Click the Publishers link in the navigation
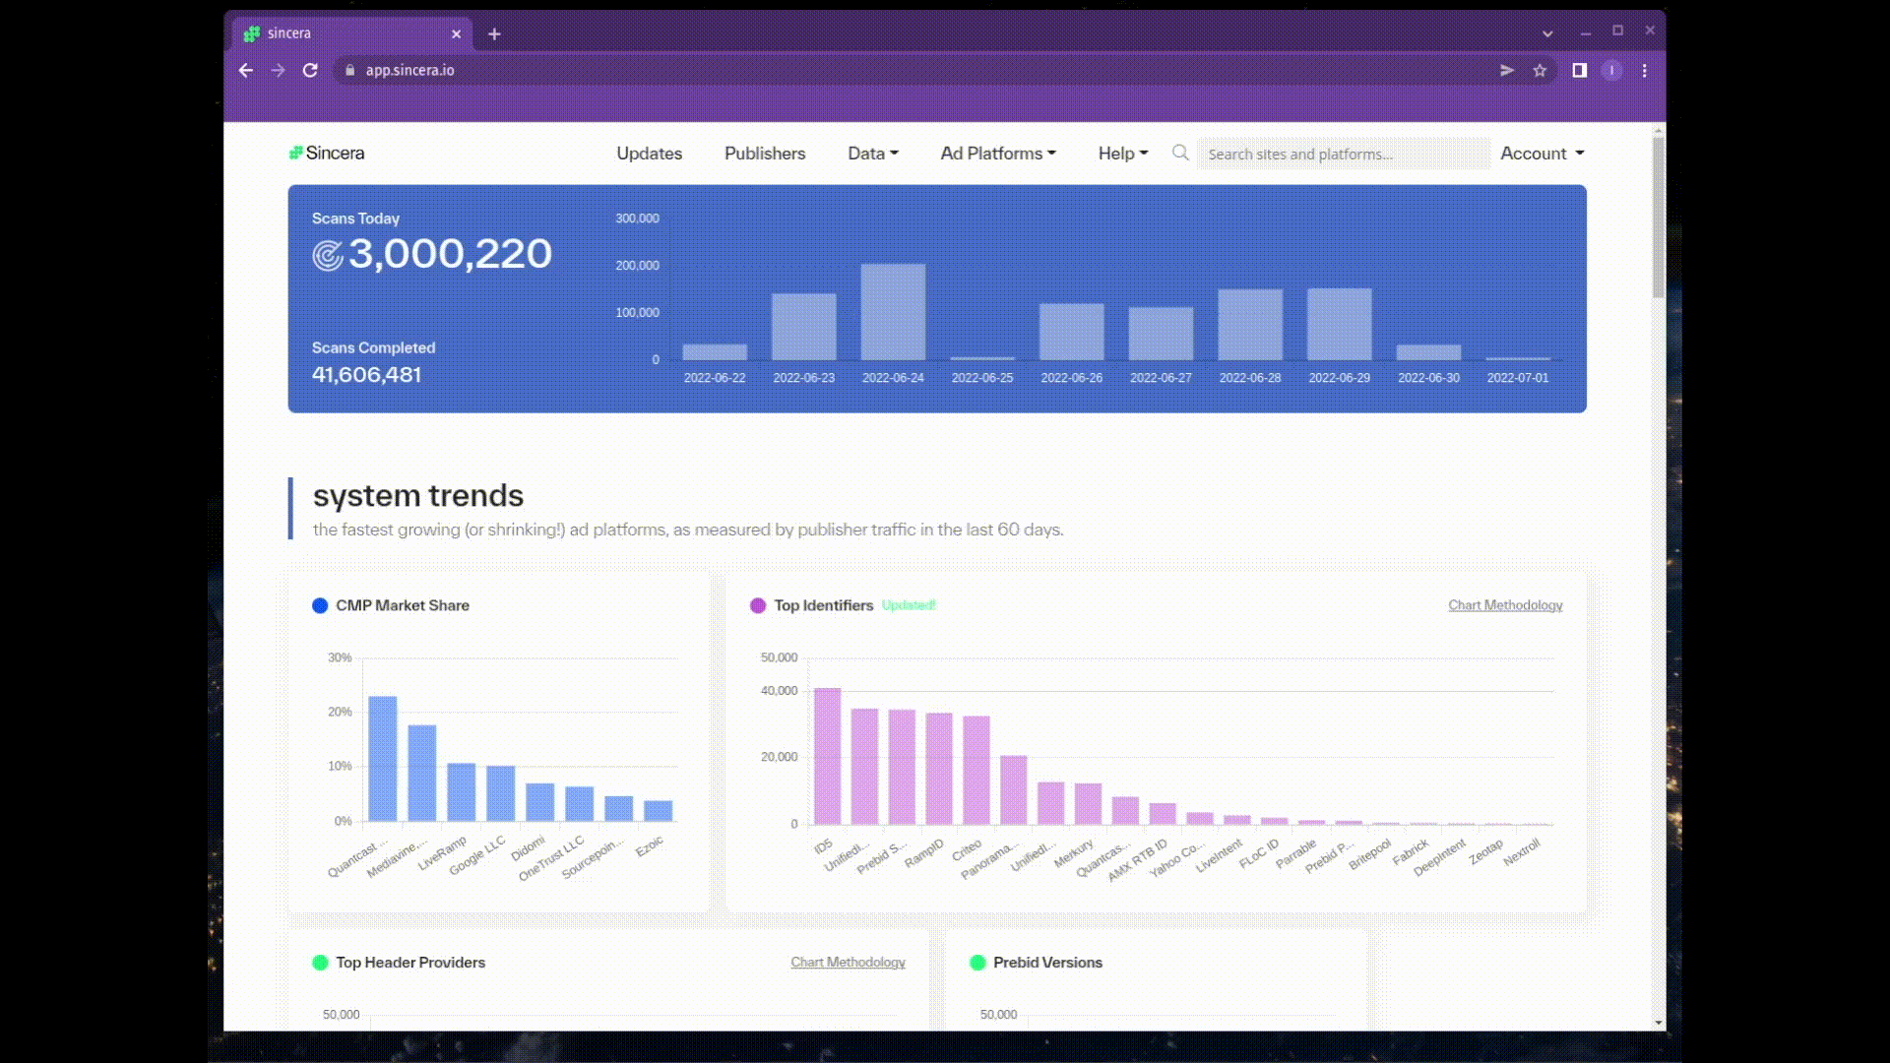pos(765,154)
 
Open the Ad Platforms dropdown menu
pos(997,154)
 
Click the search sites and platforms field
pos(1343,155)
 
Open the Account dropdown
pos(1542,154)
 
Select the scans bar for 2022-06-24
pos(893,312)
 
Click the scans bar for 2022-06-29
pos(1339,324)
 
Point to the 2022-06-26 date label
pos(1071,378)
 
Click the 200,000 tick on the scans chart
pos(637,266)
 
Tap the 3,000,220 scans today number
pos(450,254)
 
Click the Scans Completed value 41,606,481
pos(366,375)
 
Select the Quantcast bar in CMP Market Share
pos(383,759)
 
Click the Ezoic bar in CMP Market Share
pos(658,811)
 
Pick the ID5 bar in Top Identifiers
pos(827,756)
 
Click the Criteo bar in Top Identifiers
pos(976,770)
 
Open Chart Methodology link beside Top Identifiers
pos(1504,605)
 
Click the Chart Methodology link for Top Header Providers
pos(848,963)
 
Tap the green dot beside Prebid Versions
pos(977,963)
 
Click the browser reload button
pos(310,71)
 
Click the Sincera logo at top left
pos(327,154)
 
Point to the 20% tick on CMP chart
pos(340,712)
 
